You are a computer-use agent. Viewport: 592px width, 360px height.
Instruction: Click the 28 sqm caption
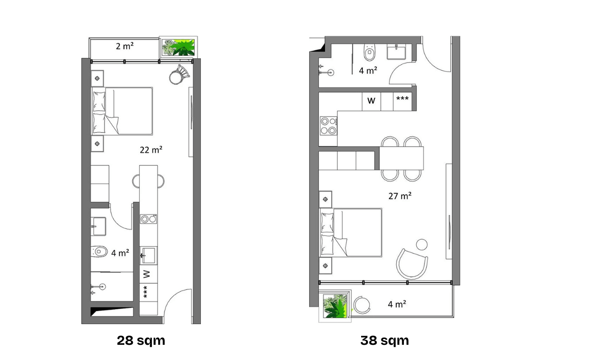point(141,341)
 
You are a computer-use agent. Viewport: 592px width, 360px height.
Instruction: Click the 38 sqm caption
point(384,341)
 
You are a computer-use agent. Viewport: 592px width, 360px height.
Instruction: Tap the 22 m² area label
point(151,150)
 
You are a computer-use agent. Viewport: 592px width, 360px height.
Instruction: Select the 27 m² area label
point(400,196)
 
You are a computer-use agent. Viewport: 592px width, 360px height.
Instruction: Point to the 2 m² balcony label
point(124,46)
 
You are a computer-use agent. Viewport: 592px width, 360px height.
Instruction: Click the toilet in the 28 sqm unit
point(99,252)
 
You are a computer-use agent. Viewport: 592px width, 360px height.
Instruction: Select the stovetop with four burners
point(328,126)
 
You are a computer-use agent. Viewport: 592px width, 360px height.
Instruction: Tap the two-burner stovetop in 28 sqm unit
point(148,219)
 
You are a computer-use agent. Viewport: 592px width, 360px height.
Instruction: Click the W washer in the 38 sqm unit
point(371,101)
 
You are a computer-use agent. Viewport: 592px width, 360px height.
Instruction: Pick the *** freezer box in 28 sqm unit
point(145,292)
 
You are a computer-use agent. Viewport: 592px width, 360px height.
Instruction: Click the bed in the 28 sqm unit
point(122,111)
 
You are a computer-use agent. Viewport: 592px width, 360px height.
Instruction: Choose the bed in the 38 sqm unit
point(351,232)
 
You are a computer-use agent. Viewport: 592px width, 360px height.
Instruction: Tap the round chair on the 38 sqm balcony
point(362,305)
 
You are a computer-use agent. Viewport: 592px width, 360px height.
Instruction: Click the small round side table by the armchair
point(422,244)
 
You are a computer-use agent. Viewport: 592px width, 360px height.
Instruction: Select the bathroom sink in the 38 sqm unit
point(396,52)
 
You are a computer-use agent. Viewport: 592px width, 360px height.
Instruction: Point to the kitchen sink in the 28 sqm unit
point(148,255)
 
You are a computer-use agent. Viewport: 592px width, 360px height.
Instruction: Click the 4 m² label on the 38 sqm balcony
point(397,304)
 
